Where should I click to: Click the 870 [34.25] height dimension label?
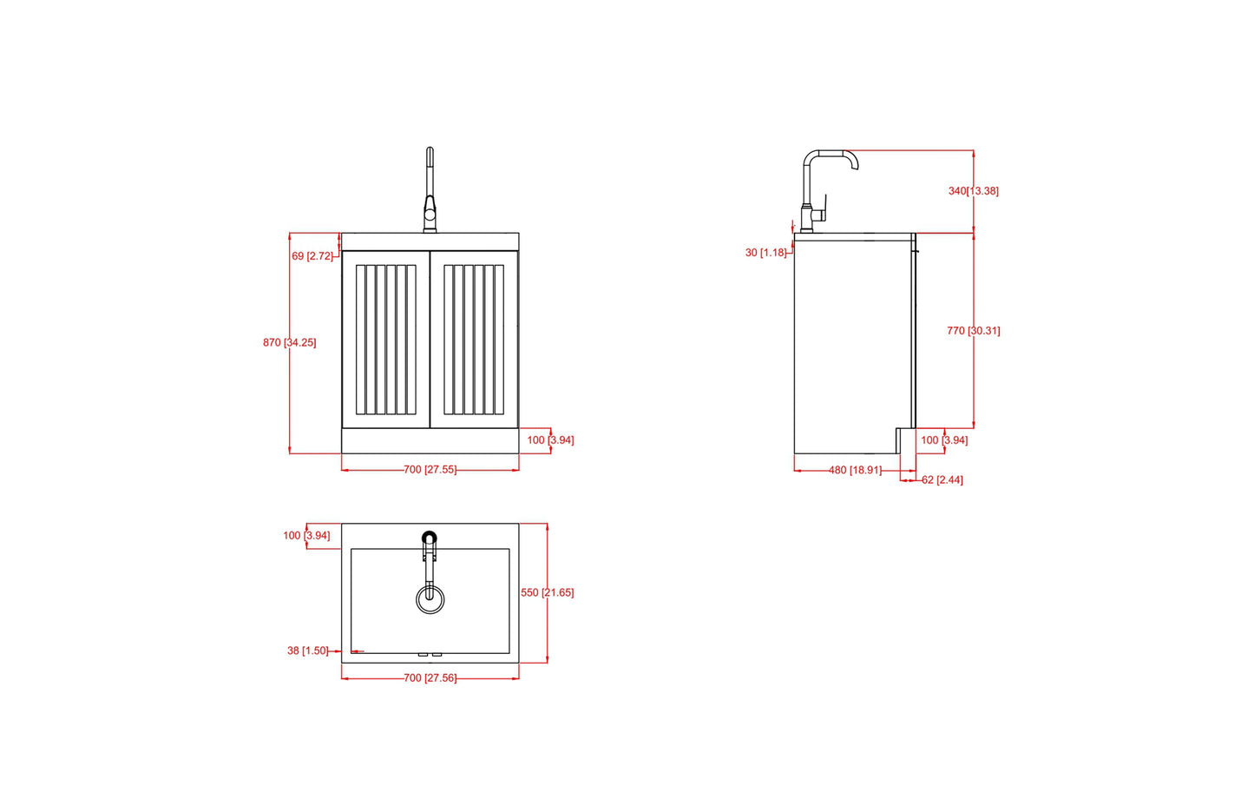(290, 342)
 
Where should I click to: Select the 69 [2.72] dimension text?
(312, 256)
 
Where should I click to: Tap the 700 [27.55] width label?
(430, 470)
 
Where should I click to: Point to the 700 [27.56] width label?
(430, 678)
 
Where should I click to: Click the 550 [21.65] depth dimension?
(547, 592)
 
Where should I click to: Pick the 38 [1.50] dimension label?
(308, 651)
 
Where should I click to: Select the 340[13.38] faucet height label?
(974, 191)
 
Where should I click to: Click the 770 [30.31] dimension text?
(974, 331)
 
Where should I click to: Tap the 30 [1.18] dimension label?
(765, 253)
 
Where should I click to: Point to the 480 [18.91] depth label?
(855, 470)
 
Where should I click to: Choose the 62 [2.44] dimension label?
(942, 480)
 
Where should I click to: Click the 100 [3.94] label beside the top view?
(306, 536)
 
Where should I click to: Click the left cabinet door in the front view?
(385, 340)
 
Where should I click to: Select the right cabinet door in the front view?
(474, 340)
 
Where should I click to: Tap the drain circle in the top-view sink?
(430, 599)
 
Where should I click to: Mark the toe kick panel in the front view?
(430, 441)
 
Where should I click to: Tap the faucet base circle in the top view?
(430, 537)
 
